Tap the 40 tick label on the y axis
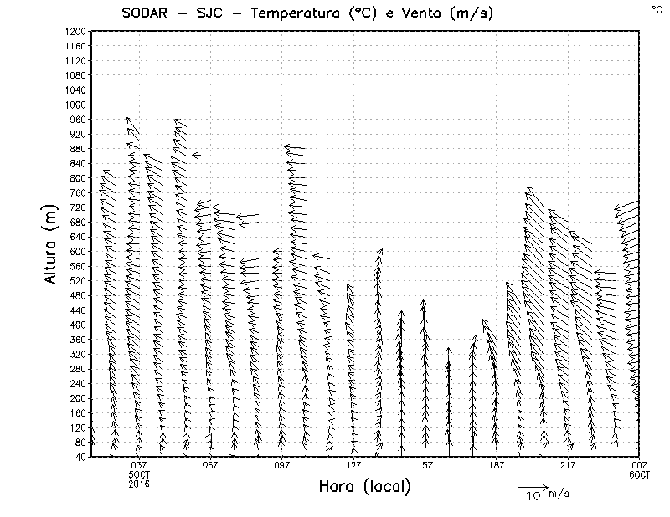[x=80, y=457]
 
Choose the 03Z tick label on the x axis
[x=139, y=465]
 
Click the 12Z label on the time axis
[x=353, y=465]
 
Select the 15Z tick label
[x=425, y=465]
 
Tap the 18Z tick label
[x=497, y=465]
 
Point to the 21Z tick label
[x=568, y=465]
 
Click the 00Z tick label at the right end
[x=640, y=465]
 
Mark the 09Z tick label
[x=282, y=465]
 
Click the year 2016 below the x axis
[x=139, y=484]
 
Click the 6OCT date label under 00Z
[x=640, y=474]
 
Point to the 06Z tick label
[x=210, y=465]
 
